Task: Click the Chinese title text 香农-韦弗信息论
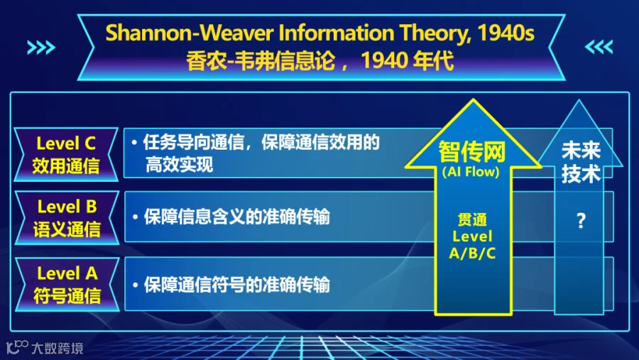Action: tap(261, 61)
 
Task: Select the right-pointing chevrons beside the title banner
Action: tap(41, 48)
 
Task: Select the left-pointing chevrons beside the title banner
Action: tap(599, 47)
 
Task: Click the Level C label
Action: tap(66, 143)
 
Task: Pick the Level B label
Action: tap(67, 207)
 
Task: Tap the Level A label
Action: tap(67, 273)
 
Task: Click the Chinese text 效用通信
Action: tap(66, 166)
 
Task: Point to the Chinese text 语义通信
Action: tap(67, 229)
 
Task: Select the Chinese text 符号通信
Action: tap(67, 295)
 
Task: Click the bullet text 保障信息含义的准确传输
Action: tap(236, 217)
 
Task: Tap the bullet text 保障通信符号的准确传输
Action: tap(236, 284)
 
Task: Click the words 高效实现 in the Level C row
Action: tap(180, 165)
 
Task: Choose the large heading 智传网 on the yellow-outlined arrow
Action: tap(472, 152)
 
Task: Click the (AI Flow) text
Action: tap(471, 172)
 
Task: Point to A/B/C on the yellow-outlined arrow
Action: tap(472, 253)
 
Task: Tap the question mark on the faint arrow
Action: tap(581, 221)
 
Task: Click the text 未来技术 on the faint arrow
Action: tap(581, 163)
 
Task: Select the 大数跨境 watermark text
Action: tap(58, 348)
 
